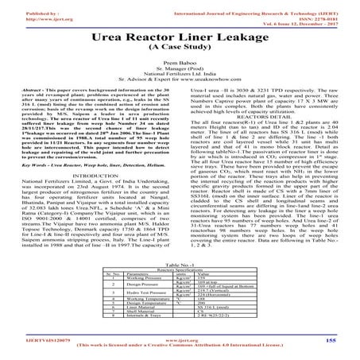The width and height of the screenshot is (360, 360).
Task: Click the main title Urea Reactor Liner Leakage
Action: pos(179,37)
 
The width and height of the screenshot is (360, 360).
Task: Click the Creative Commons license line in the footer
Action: pos(179,354)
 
